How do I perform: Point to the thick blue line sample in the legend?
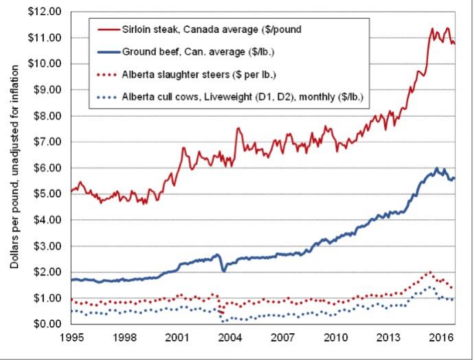(x=104, y=52)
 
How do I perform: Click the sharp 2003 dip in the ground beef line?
(x=223, y=271)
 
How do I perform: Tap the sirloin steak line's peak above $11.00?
(x=431, y=28)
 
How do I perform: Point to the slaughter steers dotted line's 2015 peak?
(x=430, y=272)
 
